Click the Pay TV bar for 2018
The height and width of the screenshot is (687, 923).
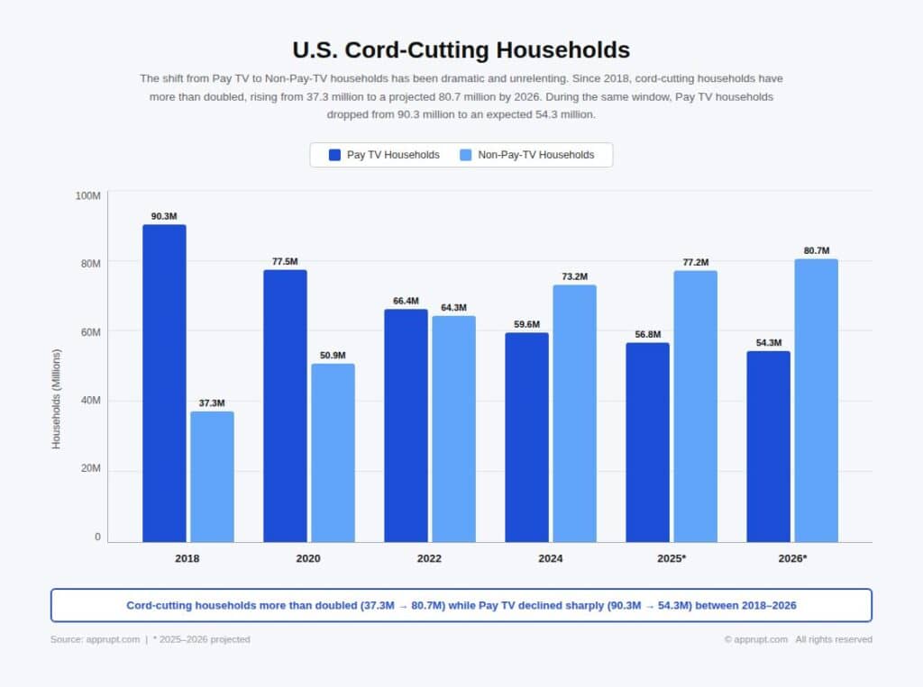point(164,383)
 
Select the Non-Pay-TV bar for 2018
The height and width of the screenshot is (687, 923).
point(212,476)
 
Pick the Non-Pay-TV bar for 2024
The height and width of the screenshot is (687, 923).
point(574,413)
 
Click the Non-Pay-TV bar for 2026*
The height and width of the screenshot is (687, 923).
point(816,400)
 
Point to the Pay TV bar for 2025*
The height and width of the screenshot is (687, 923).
point(647,442)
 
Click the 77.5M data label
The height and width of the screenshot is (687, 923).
point(285,261)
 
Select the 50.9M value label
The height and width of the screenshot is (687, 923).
point(333,356)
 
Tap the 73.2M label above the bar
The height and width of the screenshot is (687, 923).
point(574,276)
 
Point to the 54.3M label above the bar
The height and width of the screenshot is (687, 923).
point(768,343)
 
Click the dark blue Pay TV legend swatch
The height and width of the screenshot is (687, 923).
point(335,155)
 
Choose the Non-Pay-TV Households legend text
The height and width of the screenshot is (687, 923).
point(535,155)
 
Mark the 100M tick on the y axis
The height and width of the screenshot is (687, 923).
point(88,195)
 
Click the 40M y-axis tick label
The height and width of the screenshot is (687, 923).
point(89,400)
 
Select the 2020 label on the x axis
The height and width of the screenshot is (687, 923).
point(308,558)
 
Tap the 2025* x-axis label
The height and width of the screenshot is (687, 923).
point(672,558)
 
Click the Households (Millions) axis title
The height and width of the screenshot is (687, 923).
point(57,399)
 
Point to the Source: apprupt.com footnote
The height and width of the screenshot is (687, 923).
point(95,639)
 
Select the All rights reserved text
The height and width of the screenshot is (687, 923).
point(834,639)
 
